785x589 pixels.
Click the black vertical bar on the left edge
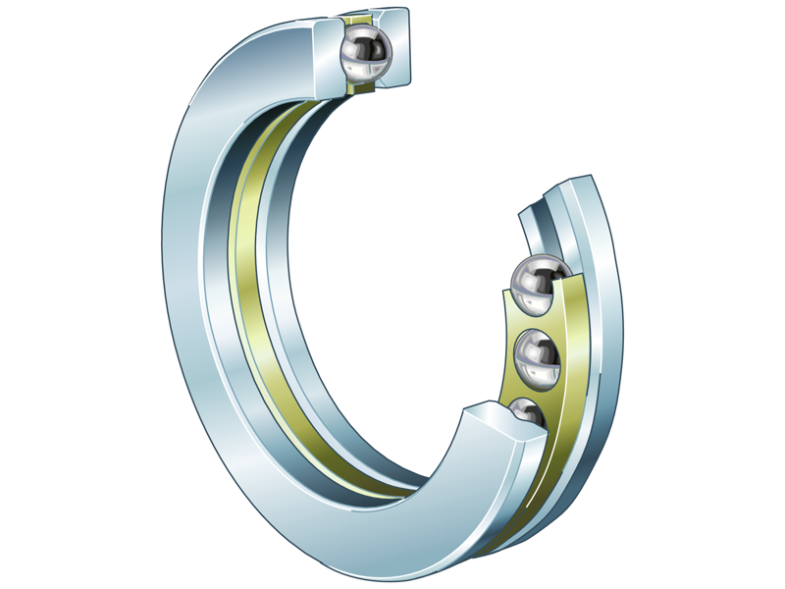click(39, 294)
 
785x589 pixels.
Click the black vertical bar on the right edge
click(745, 294)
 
